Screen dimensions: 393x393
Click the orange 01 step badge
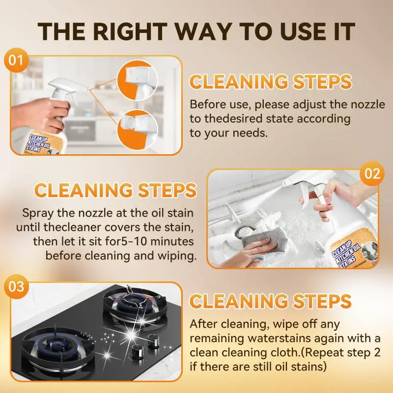(16, 60)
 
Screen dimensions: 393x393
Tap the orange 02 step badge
(372, 173)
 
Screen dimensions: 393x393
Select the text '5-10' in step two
(133, 241)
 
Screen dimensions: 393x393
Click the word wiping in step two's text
(177, 256)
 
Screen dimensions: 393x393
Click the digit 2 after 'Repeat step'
(377, 353)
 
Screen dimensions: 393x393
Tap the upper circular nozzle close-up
(138, 80)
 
